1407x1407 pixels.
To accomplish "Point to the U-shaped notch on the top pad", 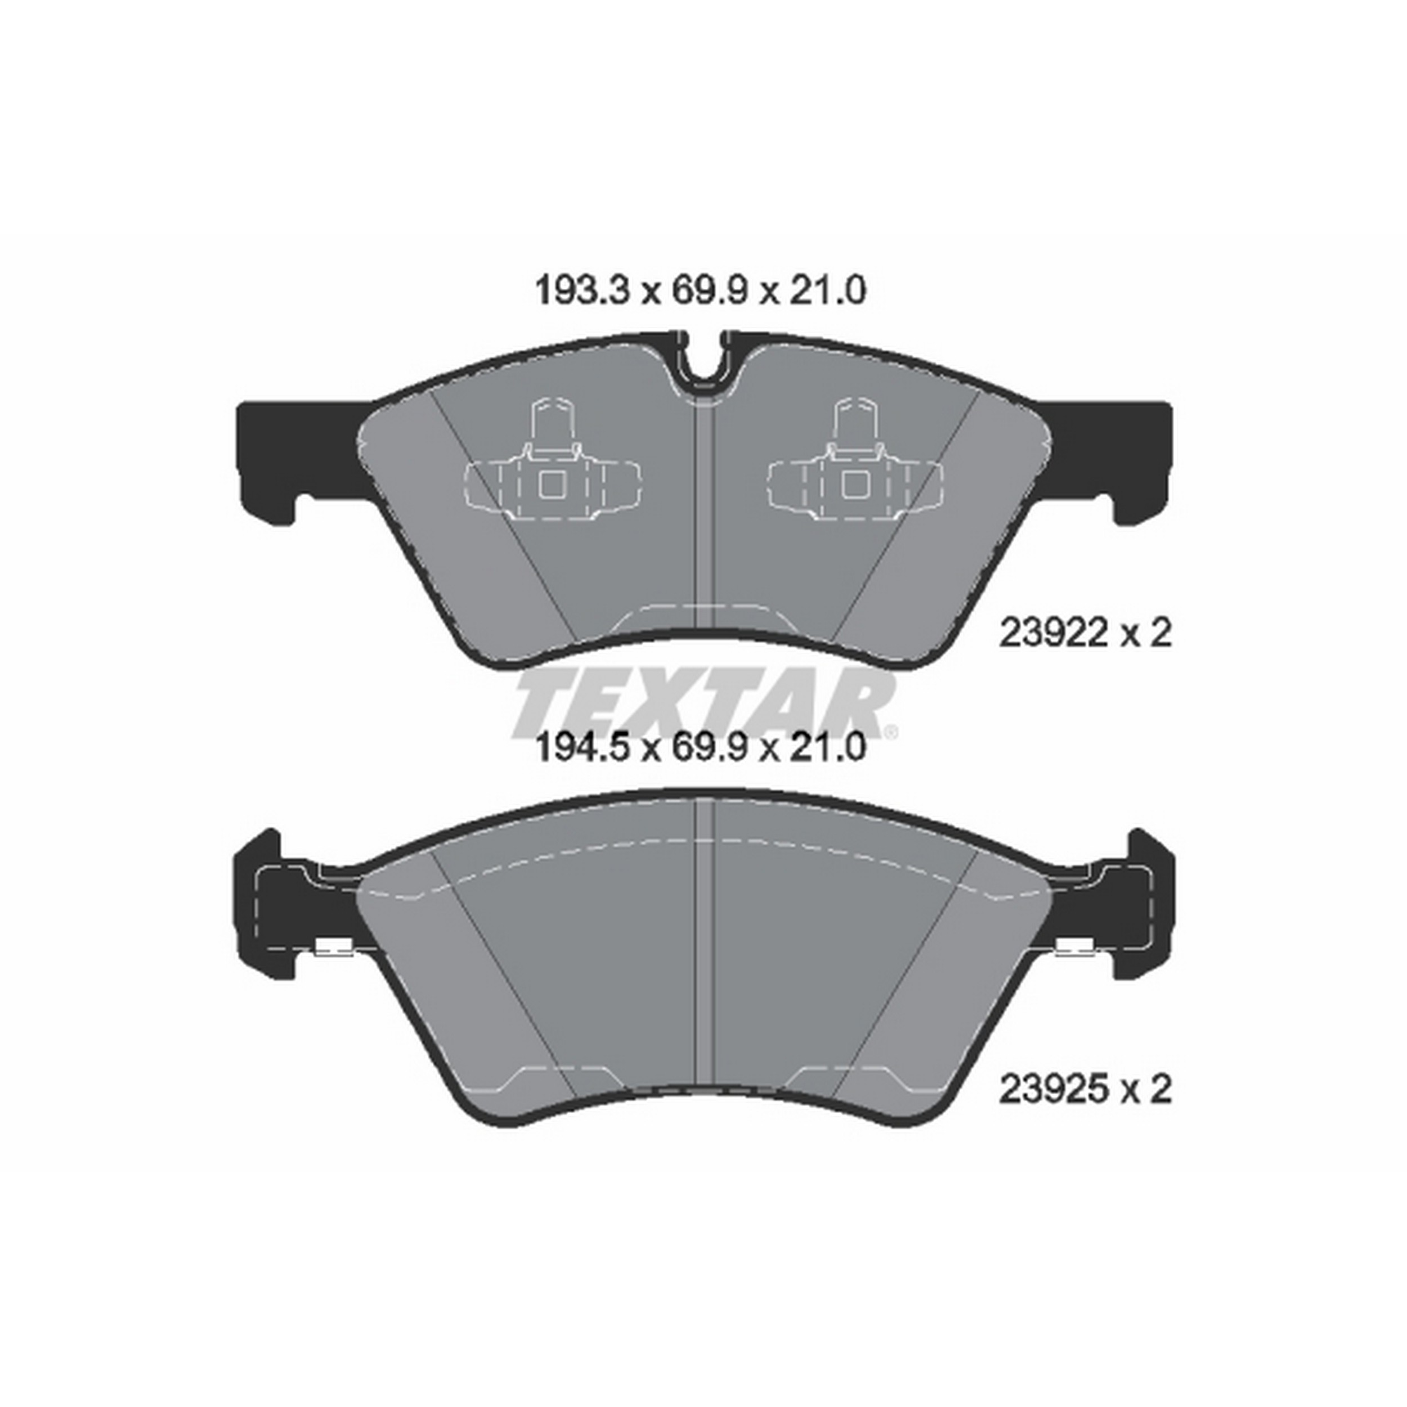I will pos(703,364).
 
